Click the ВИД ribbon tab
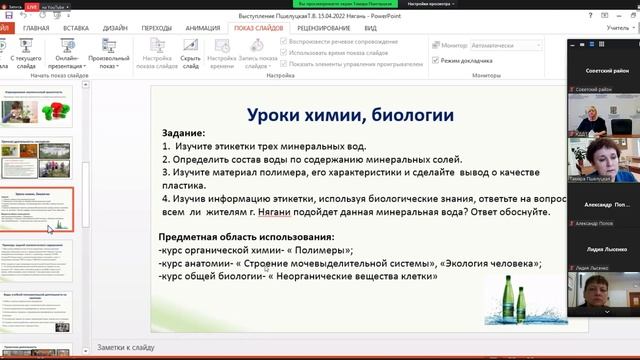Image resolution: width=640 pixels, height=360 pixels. (370, 29)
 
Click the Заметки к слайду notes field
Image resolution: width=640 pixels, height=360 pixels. (300, 347)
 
